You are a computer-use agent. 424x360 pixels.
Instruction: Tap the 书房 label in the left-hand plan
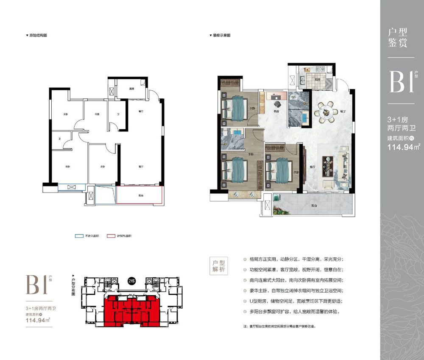pos(96,114)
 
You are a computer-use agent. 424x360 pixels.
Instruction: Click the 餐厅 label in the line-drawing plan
pos(141,112)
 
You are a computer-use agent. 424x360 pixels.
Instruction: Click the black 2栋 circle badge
pos(131,282)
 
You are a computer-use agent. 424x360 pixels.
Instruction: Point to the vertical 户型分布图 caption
pos(73,287)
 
